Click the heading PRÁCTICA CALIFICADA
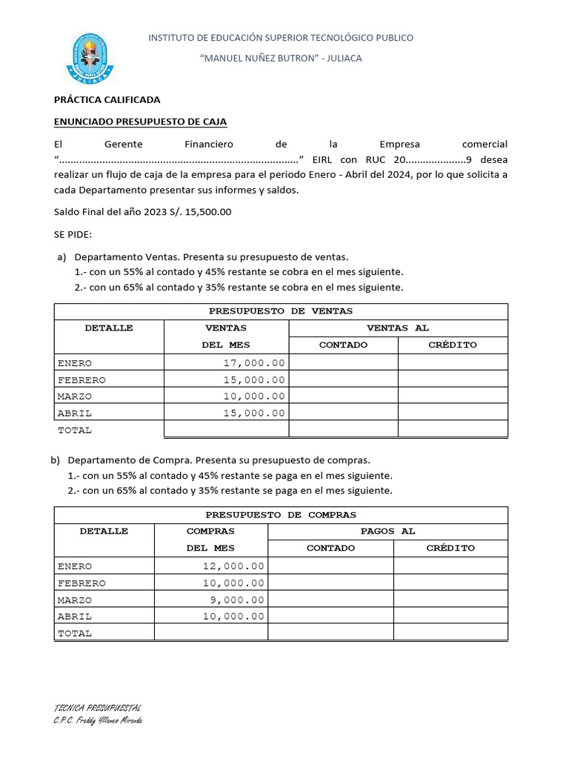pyautogui.click(x=107, y=99)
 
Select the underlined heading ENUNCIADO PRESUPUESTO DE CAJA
pyautogui.click(x=140, y=122)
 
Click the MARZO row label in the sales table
pyautogui.click(x=75, y=397)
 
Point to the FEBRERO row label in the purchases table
pyautogui.click(x=81, y=583)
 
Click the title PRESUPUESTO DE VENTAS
pyautogui.click(x=281, y=311)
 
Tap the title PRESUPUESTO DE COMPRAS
pyautogui.click(x=281, y=514)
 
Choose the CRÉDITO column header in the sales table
pyautogui.click(x=452, y=345)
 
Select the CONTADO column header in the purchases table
pyautogui.click(x=330, y=548)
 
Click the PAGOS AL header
pyautogui.click(x=387, y=531)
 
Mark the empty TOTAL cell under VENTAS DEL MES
pyautogui.click(x=225, y=429)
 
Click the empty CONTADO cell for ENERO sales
pyautogui.click(x=343, y=362)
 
